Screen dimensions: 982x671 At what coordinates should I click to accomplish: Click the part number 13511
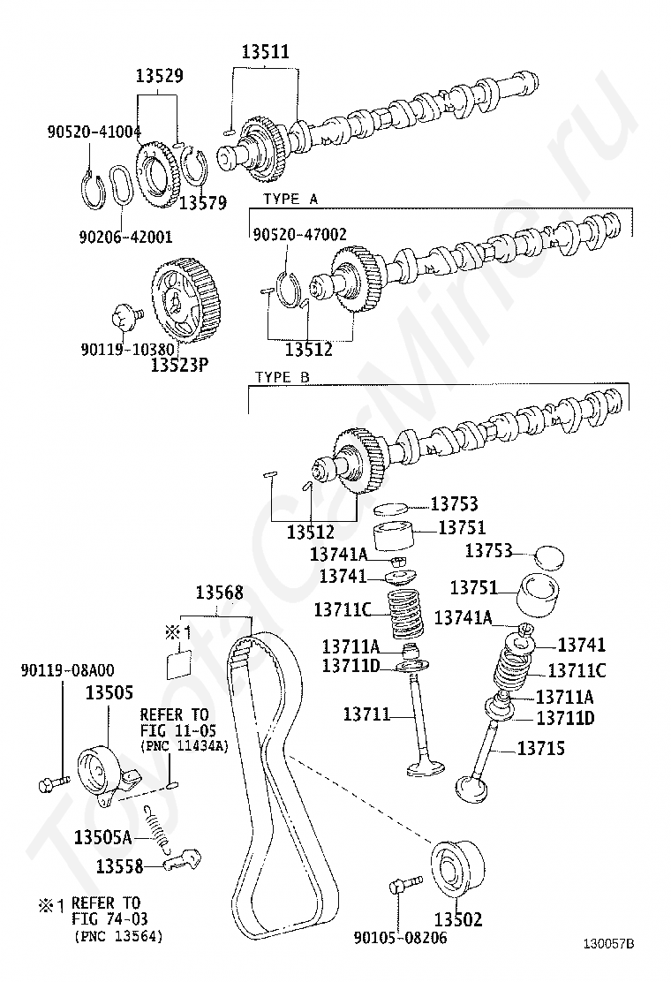click(265, 51)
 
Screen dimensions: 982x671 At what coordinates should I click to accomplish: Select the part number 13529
click(160, 76)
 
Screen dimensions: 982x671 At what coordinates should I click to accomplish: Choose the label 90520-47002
click(299, 234)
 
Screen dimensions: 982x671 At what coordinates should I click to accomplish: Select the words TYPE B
click(283, 377)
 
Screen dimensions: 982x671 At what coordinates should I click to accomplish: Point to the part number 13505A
click(102, 837)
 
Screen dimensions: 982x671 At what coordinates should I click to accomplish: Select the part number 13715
click(540, 749)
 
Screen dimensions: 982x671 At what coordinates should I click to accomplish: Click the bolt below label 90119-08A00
click(54, 782)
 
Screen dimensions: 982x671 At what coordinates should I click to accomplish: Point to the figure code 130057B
click(608, 942)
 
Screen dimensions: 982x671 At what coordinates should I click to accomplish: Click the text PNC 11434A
click(185, 746)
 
